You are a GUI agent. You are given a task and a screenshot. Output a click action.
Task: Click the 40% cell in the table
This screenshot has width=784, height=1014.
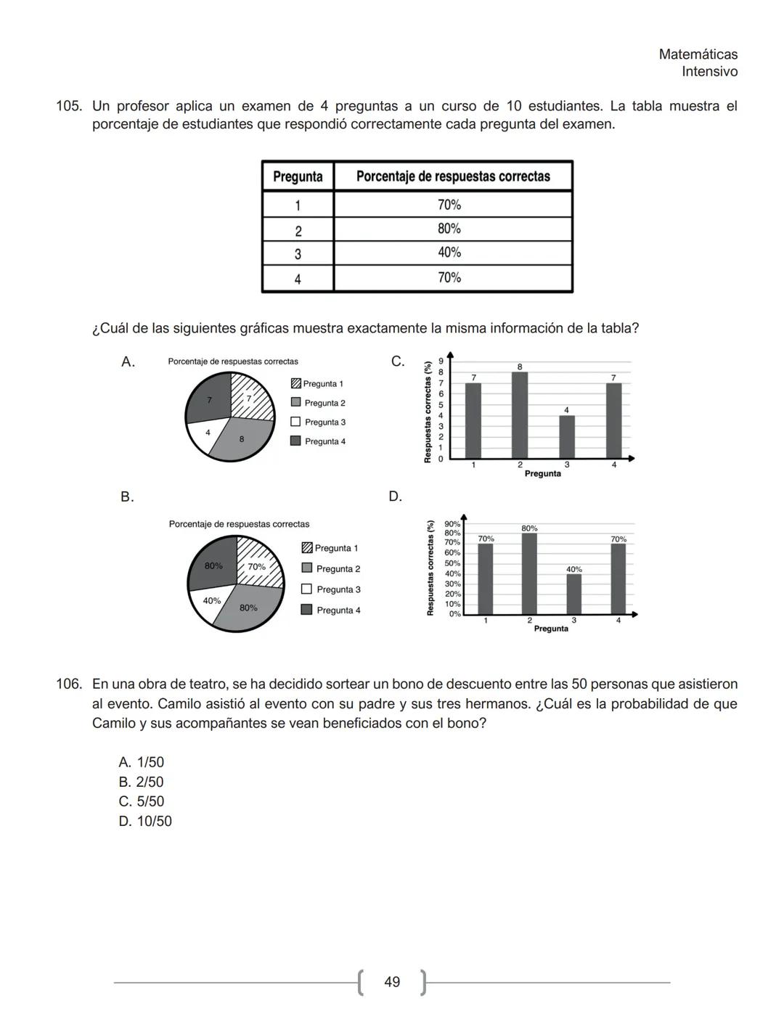pyautogui.click(x=449, y=253)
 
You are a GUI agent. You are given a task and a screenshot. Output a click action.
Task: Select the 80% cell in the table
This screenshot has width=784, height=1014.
pyautogui.click(x=449, y=229)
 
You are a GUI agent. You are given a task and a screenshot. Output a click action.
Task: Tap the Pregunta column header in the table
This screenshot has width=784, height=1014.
pyautogui.click(x=298, y=176)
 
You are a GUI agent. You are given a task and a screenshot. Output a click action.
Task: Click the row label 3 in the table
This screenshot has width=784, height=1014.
pyautogui.click(x=298, y=254)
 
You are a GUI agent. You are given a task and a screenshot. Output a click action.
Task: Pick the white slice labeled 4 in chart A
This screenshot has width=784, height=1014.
pyautogui.click(x=205, y=433)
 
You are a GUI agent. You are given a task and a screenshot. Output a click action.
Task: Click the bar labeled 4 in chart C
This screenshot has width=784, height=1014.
pyautogui.click(x=567, y=437)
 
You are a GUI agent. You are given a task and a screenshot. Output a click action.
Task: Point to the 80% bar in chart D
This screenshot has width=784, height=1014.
pyautogui.click(x=529, y=574)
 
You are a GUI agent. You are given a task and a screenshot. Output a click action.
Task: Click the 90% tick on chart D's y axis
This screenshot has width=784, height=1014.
pyautogui.click(x=452, y=523)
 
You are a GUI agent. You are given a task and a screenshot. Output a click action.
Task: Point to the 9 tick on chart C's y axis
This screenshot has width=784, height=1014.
pyautogui.click(x=440, y=361)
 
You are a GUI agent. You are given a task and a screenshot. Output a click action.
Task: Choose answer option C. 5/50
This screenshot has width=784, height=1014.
pyautogui.click(x=142, y=801)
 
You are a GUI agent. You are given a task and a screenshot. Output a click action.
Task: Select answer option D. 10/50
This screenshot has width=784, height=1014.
pyautogui.click(x=145, y=821)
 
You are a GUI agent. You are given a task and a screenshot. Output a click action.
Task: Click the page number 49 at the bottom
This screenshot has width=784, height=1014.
pyautogui.click(x=392, y=982)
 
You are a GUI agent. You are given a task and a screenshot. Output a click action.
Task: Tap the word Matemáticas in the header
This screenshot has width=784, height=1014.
pyautogui.click(x=698, y=54)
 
